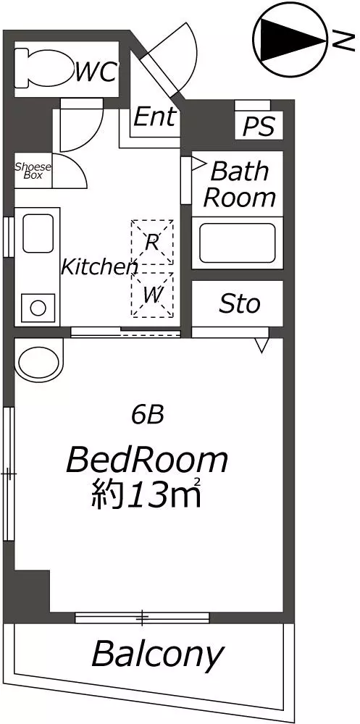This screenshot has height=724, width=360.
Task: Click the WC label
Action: coord(96,72)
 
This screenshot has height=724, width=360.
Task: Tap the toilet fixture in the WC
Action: coord(44,68)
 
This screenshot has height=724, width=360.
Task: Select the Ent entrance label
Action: coord(155,117)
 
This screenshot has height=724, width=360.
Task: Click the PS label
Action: coord(259,126)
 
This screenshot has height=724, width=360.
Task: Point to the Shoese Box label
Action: coord(33,170)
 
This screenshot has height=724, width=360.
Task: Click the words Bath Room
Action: coord(239,184)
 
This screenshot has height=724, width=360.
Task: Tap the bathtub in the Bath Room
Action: coord(238,243)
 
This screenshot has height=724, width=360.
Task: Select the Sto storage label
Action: coord(239,304)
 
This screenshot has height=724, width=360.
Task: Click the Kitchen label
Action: coord(100,267)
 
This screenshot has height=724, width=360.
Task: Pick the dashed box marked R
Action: coord(152,242)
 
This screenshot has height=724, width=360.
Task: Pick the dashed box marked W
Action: coord(152,295)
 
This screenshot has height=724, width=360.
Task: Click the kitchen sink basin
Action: coord(38,232)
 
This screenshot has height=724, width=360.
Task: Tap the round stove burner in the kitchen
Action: coord(38,306)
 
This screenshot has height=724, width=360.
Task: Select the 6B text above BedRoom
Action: coord(148,416)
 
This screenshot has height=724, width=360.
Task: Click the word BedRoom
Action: coord(148,460)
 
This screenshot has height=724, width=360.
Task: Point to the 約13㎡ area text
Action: coord(146,494)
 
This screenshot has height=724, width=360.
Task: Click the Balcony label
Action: coord(158,654)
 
